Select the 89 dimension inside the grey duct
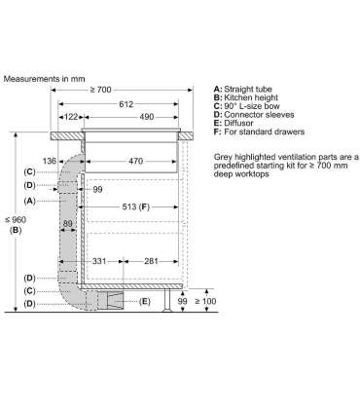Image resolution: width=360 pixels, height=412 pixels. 68,223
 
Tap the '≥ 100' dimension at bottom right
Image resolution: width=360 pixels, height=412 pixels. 205,303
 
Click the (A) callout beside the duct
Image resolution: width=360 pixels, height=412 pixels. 29,201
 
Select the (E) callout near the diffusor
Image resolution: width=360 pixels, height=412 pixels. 145,301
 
